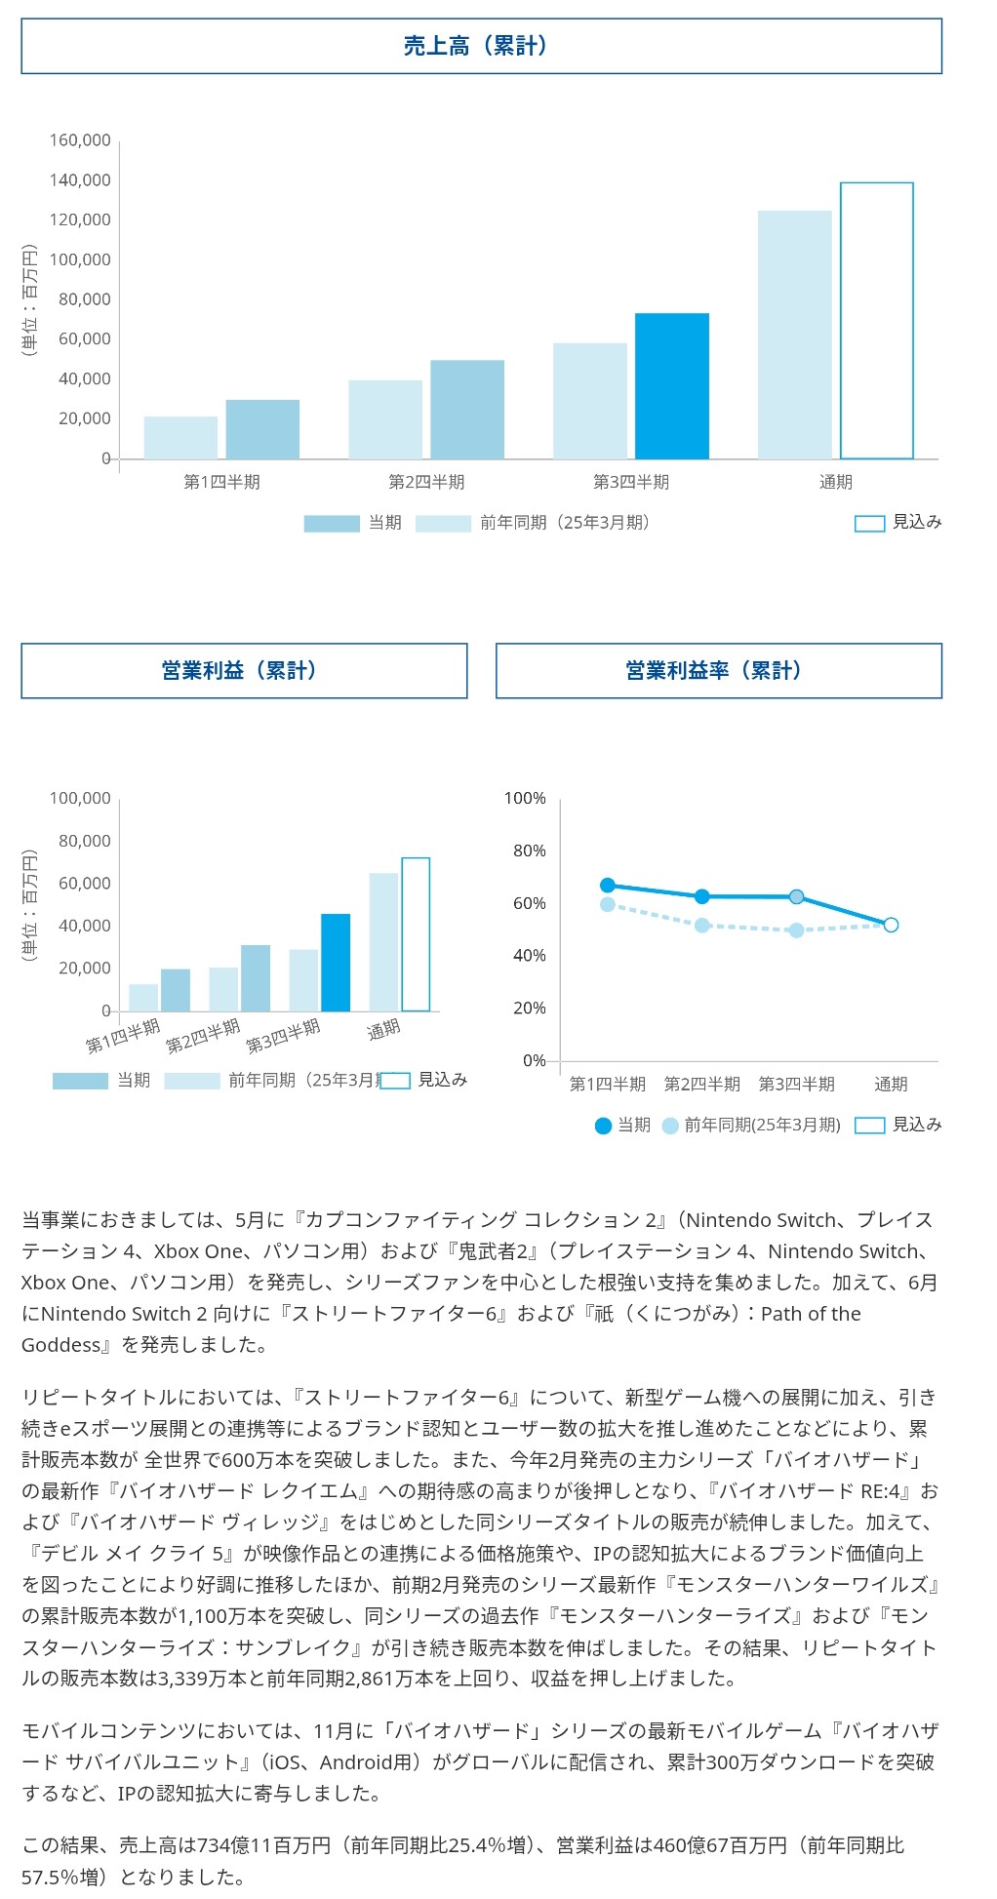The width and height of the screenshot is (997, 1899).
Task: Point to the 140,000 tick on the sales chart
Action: point(80,180)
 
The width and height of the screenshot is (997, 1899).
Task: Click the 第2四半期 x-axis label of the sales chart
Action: point(426,482)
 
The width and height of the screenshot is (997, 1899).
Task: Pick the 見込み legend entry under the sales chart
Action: point(897,523)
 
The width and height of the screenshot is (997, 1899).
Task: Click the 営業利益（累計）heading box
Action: point(244,671)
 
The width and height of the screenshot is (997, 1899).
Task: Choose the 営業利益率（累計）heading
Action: point(718,671)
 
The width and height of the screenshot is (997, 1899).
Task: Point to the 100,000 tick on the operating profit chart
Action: point(80,799)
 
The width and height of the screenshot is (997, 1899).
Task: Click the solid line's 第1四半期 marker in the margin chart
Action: point(608,886)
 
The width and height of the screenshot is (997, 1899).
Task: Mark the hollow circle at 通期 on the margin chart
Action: point(891,925)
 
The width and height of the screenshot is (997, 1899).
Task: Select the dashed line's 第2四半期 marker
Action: point(702,925)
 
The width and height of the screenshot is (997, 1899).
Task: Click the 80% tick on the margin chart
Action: point(530,851)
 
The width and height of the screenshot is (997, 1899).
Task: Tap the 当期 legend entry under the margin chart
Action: point(622,1126)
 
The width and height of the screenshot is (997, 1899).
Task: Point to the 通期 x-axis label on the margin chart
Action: point(891,1084)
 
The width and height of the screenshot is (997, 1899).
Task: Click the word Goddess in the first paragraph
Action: point(60,1345)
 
